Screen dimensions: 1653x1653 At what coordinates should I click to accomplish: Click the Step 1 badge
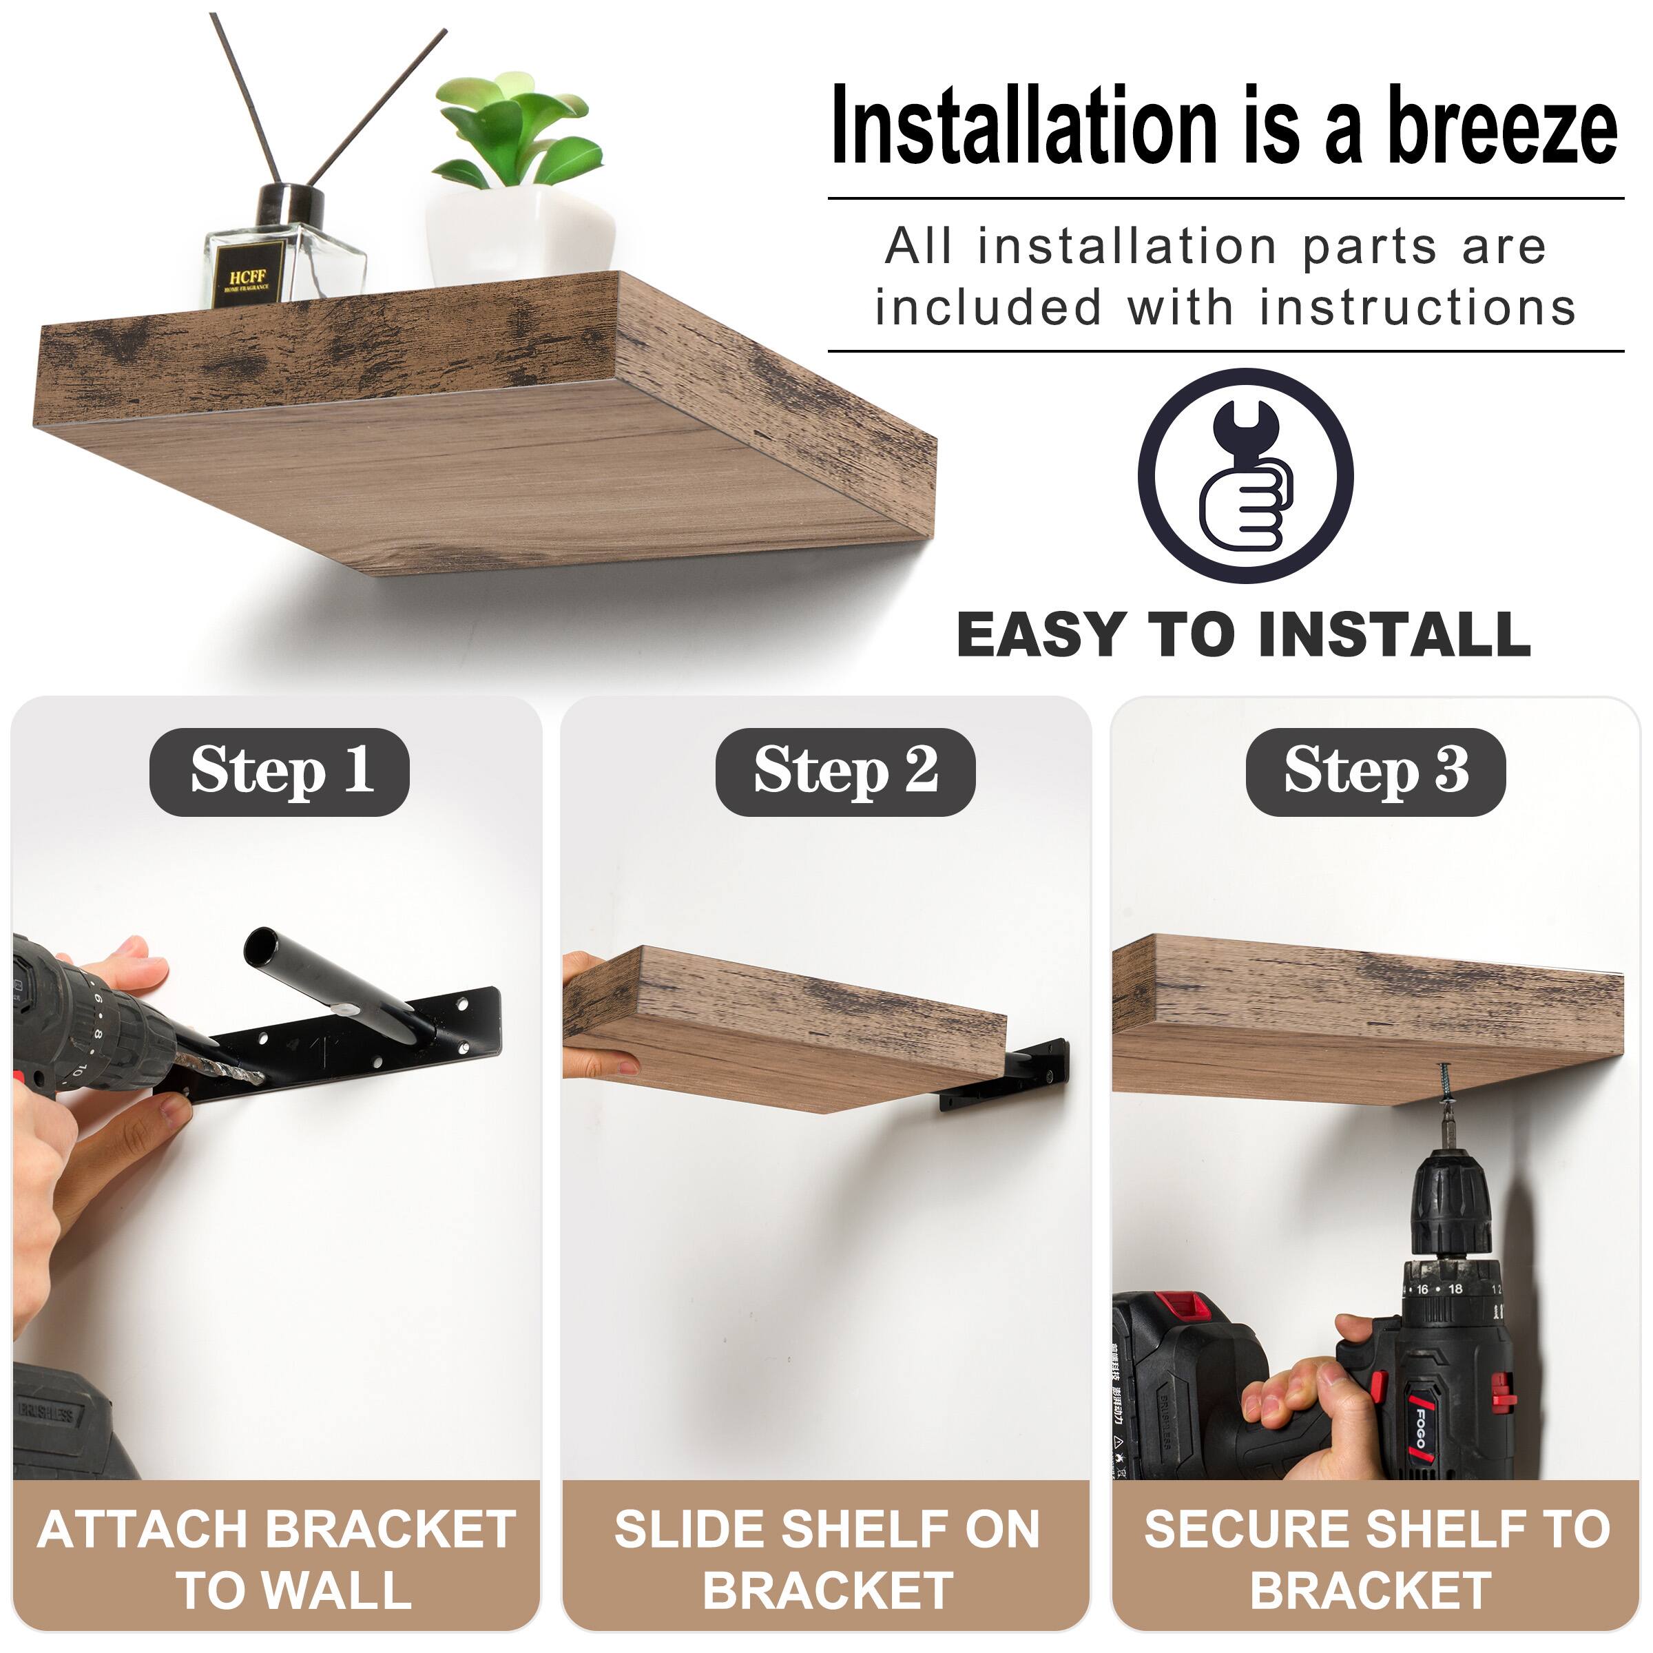pos(280,771)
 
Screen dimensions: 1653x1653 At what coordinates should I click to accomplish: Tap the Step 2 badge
pos(845,771)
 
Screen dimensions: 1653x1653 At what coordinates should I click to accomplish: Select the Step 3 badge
pos(1375,771)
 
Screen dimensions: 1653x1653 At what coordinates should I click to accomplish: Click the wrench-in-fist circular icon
pos(1245,477)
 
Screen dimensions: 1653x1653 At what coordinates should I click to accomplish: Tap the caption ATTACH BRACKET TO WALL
pos(276,1559)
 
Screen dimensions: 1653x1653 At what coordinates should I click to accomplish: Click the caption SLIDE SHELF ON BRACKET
pos(826,1559)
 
